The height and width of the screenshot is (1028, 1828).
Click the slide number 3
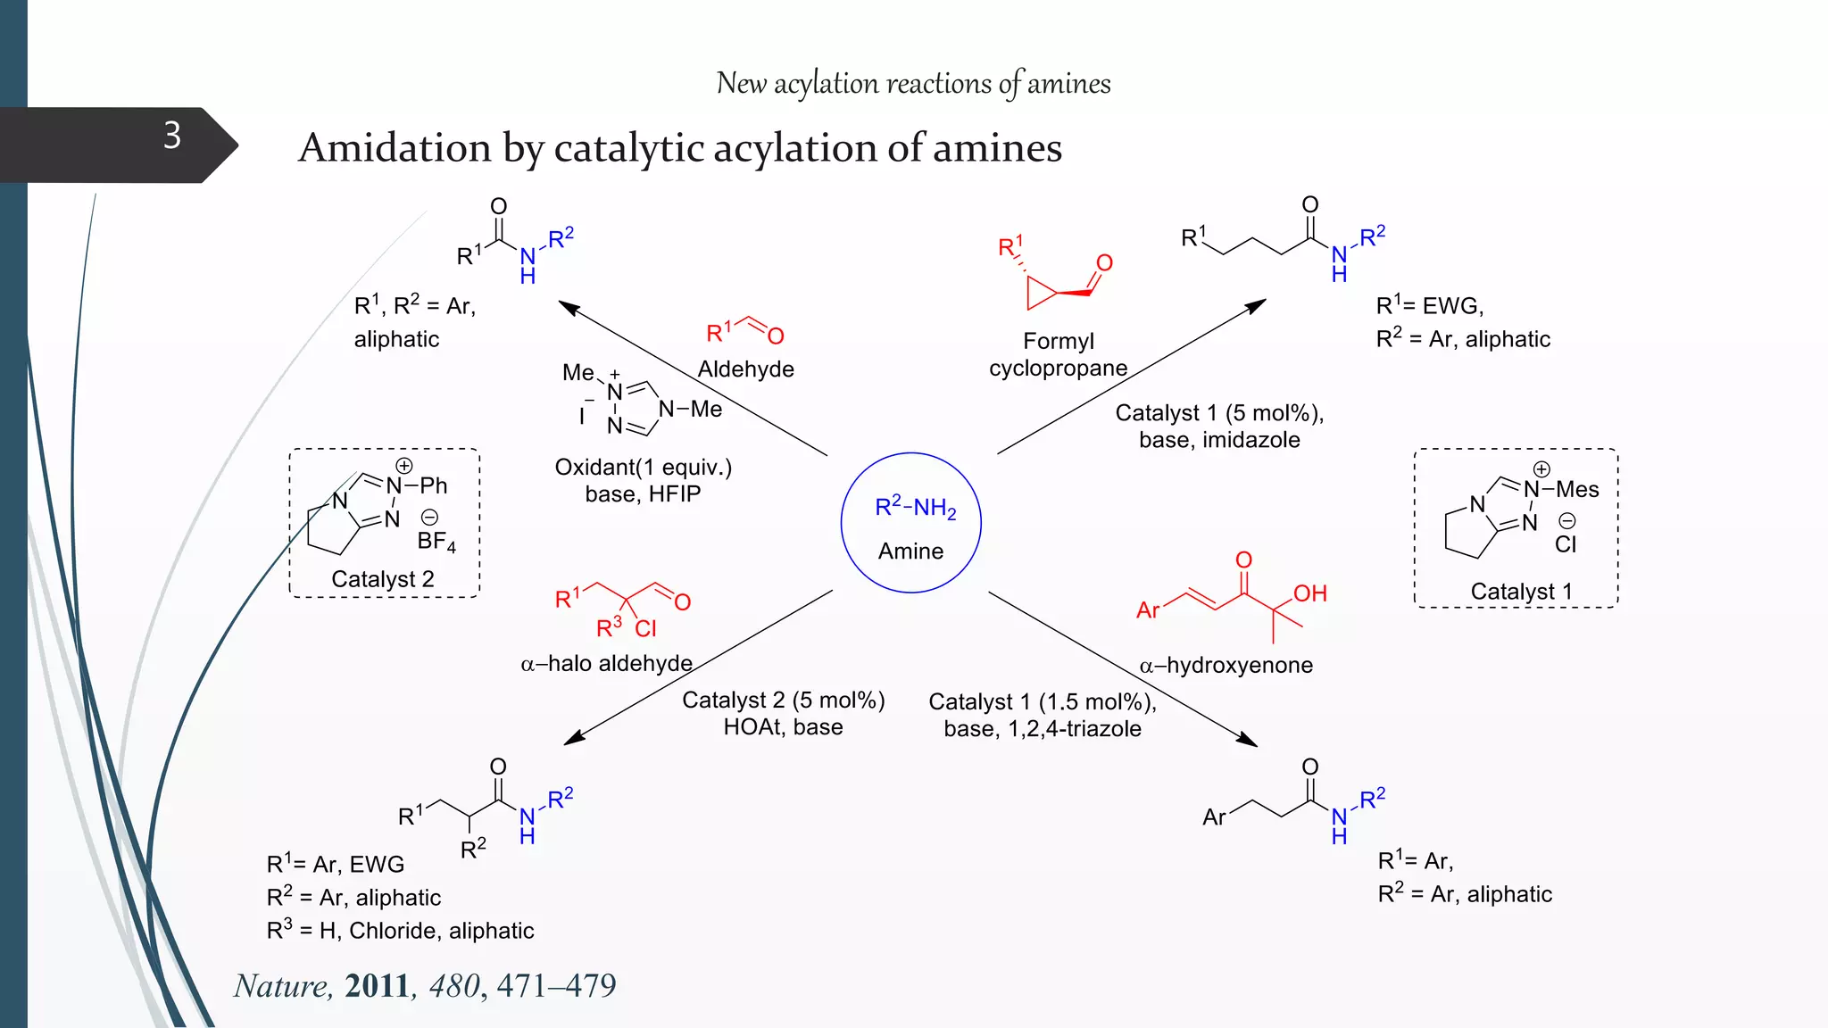point(172,136)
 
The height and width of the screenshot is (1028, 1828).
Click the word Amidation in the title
point(395,148)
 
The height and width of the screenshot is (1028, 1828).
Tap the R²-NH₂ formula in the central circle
point(915,508)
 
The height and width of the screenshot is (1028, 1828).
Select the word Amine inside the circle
point(910,551)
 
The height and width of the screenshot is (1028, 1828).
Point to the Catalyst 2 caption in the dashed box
point(382,579)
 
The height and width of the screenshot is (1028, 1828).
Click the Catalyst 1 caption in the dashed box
point(1521,592)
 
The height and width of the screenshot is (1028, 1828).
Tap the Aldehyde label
point(745,369)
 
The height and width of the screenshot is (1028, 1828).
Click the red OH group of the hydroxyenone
point(1309,594)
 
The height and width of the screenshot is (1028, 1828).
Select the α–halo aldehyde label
point(606,664)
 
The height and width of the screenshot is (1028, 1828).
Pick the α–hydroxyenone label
point(1226,666)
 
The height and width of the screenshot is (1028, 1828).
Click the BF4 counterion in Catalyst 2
point(436,541)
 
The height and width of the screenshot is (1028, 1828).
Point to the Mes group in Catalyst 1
point(1577,490)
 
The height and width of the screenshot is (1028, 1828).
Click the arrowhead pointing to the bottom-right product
point(1249,740)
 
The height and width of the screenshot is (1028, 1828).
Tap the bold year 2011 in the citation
point(377,986)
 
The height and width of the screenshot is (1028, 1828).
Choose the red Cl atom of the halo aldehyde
point(645,629)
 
